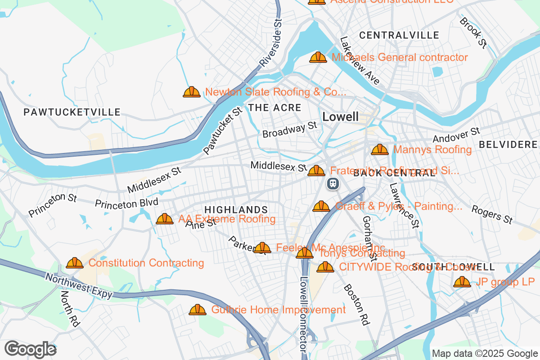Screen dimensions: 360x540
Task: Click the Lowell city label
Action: point(341,117)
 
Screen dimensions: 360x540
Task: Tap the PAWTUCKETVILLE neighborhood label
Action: point(72,112)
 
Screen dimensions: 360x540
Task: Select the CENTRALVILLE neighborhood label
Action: point(399,35)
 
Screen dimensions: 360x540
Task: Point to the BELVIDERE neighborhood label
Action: point(508,144)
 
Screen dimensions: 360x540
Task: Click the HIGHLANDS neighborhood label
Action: point(236,210)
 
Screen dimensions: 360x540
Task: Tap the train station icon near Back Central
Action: point(333,184)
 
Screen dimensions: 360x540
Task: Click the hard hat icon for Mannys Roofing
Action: point(379,149)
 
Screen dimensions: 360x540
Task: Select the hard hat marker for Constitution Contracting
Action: point(74,263)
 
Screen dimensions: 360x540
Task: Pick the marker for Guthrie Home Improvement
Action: point(197,310)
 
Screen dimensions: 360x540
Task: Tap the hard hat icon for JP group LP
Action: point(462,282)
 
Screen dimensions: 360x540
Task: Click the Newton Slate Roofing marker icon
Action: point(192,92)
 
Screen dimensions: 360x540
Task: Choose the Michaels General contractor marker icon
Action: point(318,58)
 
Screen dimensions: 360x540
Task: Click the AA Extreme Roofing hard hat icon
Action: point(165,219)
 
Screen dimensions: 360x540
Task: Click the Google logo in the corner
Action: point(30,349)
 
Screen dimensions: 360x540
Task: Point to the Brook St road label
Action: point(473,33)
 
